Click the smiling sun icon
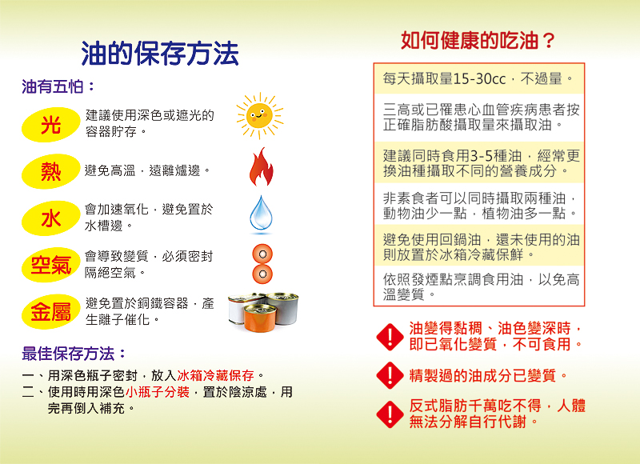point(259,116)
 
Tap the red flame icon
point(262,167)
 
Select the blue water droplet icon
point(262,213)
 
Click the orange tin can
point(260,318)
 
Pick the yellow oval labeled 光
point(50,125)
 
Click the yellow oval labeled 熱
point(50,171)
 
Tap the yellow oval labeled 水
point(50,218)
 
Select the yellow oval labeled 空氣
point(50,266)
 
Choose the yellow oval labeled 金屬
point(50,312)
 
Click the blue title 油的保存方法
point(159,54)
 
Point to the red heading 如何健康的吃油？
point(478,40)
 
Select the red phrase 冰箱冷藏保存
point(215,375)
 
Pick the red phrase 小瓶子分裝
point(158,392)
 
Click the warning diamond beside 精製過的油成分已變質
point(390,375)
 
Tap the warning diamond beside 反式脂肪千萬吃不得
point(390,414)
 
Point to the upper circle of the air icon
point(262,254)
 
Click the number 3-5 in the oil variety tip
point(482,156)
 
